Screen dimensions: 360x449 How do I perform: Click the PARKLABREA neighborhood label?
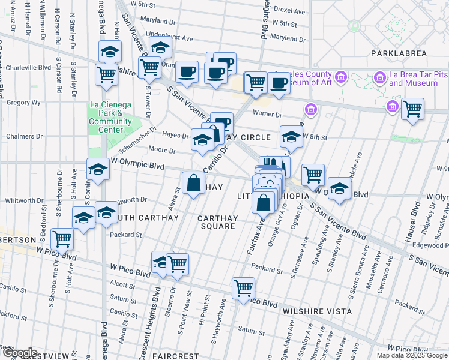pos(398,53)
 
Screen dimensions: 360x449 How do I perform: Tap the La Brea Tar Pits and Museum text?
pos(418,79)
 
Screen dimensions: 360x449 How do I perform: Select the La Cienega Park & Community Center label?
pos(110,117)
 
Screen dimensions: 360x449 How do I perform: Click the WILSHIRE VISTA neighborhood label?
pos(312,311)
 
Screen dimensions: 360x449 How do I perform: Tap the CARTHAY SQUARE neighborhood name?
pos(217,222)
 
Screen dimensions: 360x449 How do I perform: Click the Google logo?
pos(19,352)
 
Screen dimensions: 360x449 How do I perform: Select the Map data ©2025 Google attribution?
pos(412,355)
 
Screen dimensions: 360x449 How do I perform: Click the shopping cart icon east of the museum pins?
pos(412,109)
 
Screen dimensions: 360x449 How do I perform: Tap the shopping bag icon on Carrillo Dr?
pos(193,183)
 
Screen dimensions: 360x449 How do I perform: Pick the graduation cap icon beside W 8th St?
pos(291,137)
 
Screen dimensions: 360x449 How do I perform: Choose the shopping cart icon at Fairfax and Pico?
pos(243,289)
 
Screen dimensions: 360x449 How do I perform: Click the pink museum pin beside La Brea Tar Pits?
pos(379,77)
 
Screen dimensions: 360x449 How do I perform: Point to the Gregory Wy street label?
pos(23,103)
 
